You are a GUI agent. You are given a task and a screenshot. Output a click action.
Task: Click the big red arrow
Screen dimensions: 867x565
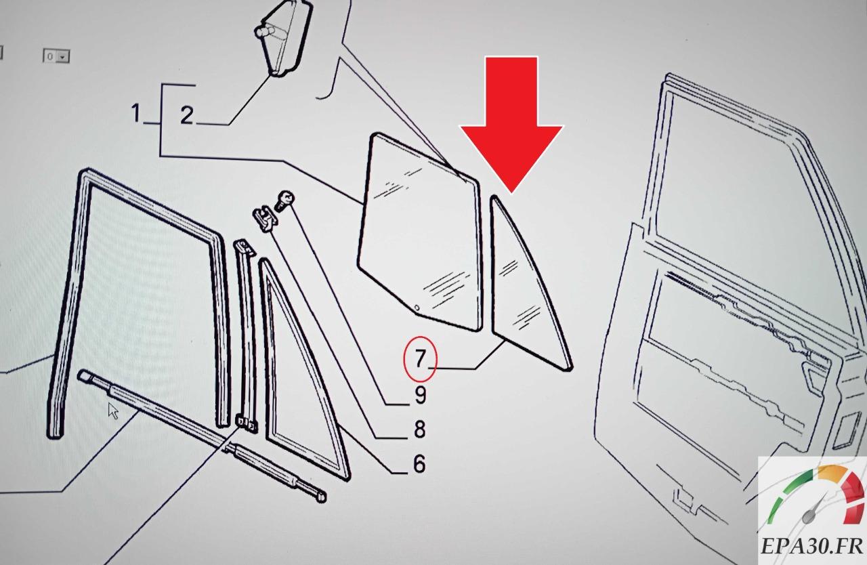click(x=511, y=124)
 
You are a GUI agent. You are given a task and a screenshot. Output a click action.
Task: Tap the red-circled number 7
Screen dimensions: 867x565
click(x=421, y=359)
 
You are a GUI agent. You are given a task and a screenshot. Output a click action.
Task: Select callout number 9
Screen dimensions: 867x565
click(x=421, y=395)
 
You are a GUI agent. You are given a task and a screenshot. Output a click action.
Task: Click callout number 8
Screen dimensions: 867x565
click(x=419, y=429)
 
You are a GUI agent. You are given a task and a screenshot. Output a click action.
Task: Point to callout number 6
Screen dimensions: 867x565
click(x=419, y=463)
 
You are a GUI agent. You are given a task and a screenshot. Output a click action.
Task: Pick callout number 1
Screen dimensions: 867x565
click(x=135, y=113)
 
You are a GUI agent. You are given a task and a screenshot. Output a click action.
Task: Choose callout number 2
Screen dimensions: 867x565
click(x=186, y=115)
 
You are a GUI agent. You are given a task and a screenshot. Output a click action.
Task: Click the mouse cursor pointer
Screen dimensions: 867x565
click(x=113, y=411)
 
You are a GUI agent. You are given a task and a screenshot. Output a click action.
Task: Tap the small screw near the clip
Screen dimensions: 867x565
click(x=284, y=201)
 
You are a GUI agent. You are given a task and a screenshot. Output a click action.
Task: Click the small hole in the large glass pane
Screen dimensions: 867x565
click(x=417, y=308)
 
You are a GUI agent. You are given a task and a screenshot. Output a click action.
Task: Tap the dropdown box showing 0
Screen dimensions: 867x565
click(x=56, y=56)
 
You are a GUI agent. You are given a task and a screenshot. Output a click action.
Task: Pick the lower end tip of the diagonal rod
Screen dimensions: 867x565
click(x=321, y=497)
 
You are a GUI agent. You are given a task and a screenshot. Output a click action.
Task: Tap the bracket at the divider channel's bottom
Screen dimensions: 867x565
click(x=247, y=423)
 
